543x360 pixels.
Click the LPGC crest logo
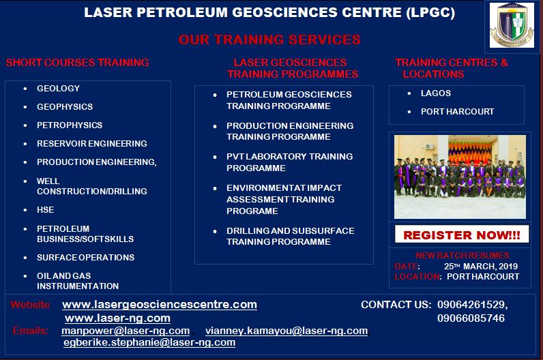(512, 25)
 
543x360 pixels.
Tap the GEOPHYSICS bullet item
(65, 106)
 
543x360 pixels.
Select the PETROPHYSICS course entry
(70, 125)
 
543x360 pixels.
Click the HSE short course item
(46, 210)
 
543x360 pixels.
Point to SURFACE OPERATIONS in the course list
(85, 258)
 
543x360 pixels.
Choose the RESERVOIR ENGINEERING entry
(92, 143)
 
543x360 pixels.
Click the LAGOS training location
(436, 93)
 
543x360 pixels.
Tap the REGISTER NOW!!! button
(462, 235)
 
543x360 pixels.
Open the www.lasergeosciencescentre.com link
(160, 305)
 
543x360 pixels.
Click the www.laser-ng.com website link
(118, 318)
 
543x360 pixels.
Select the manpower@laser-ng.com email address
(126, 331)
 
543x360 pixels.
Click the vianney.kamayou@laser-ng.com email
(287, 331)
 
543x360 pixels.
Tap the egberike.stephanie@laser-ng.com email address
(149, 342)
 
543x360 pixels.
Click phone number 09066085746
(471, 318)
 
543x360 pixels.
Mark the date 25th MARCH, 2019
(481, 266)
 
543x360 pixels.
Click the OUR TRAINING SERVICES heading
(269, 40)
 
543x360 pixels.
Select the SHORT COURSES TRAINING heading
(77, 63)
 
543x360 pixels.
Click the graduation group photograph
(460, 177)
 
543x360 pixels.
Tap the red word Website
(30, 305)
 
